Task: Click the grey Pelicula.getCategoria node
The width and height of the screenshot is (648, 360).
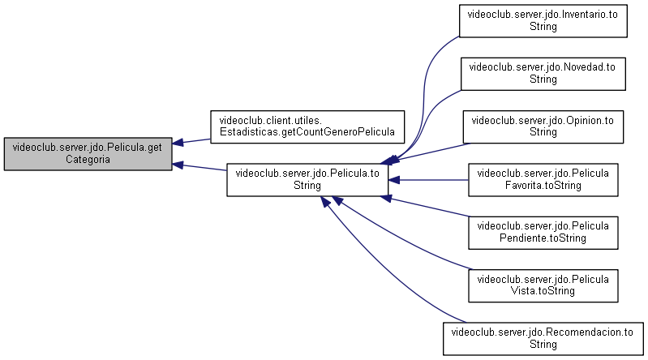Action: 88,154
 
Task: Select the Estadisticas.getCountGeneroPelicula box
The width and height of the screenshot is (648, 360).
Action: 307,126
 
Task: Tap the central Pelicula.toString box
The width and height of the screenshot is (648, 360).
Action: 307,180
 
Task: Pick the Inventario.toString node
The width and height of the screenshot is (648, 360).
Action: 543,21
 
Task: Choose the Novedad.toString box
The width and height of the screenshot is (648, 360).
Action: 543,74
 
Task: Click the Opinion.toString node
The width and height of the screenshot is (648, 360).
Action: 543,126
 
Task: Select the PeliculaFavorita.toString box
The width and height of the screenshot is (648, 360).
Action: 543,180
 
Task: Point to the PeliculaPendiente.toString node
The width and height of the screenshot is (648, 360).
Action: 543,233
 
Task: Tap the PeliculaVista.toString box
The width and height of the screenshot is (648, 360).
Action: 543,285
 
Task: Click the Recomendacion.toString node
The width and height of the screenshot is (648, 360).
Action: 543,338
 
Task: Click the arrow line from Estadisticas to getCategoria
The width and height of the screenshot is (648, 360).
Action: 191,141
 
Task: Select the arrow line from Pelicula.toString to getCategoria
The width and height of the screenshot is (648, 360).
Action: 200,166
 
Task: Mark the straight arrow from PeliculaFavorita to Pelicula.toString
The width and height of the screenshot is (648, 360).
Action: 428,180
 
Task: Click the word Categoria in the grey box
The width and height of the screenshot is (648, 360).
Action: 88,160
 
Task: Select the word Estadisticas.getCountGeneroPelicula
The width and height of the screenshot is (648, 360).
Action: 307,132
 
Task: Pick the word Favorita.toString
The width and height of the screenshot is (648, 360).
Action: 543,185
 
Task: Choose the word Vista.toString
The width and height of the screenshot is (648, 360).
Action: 543,291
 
